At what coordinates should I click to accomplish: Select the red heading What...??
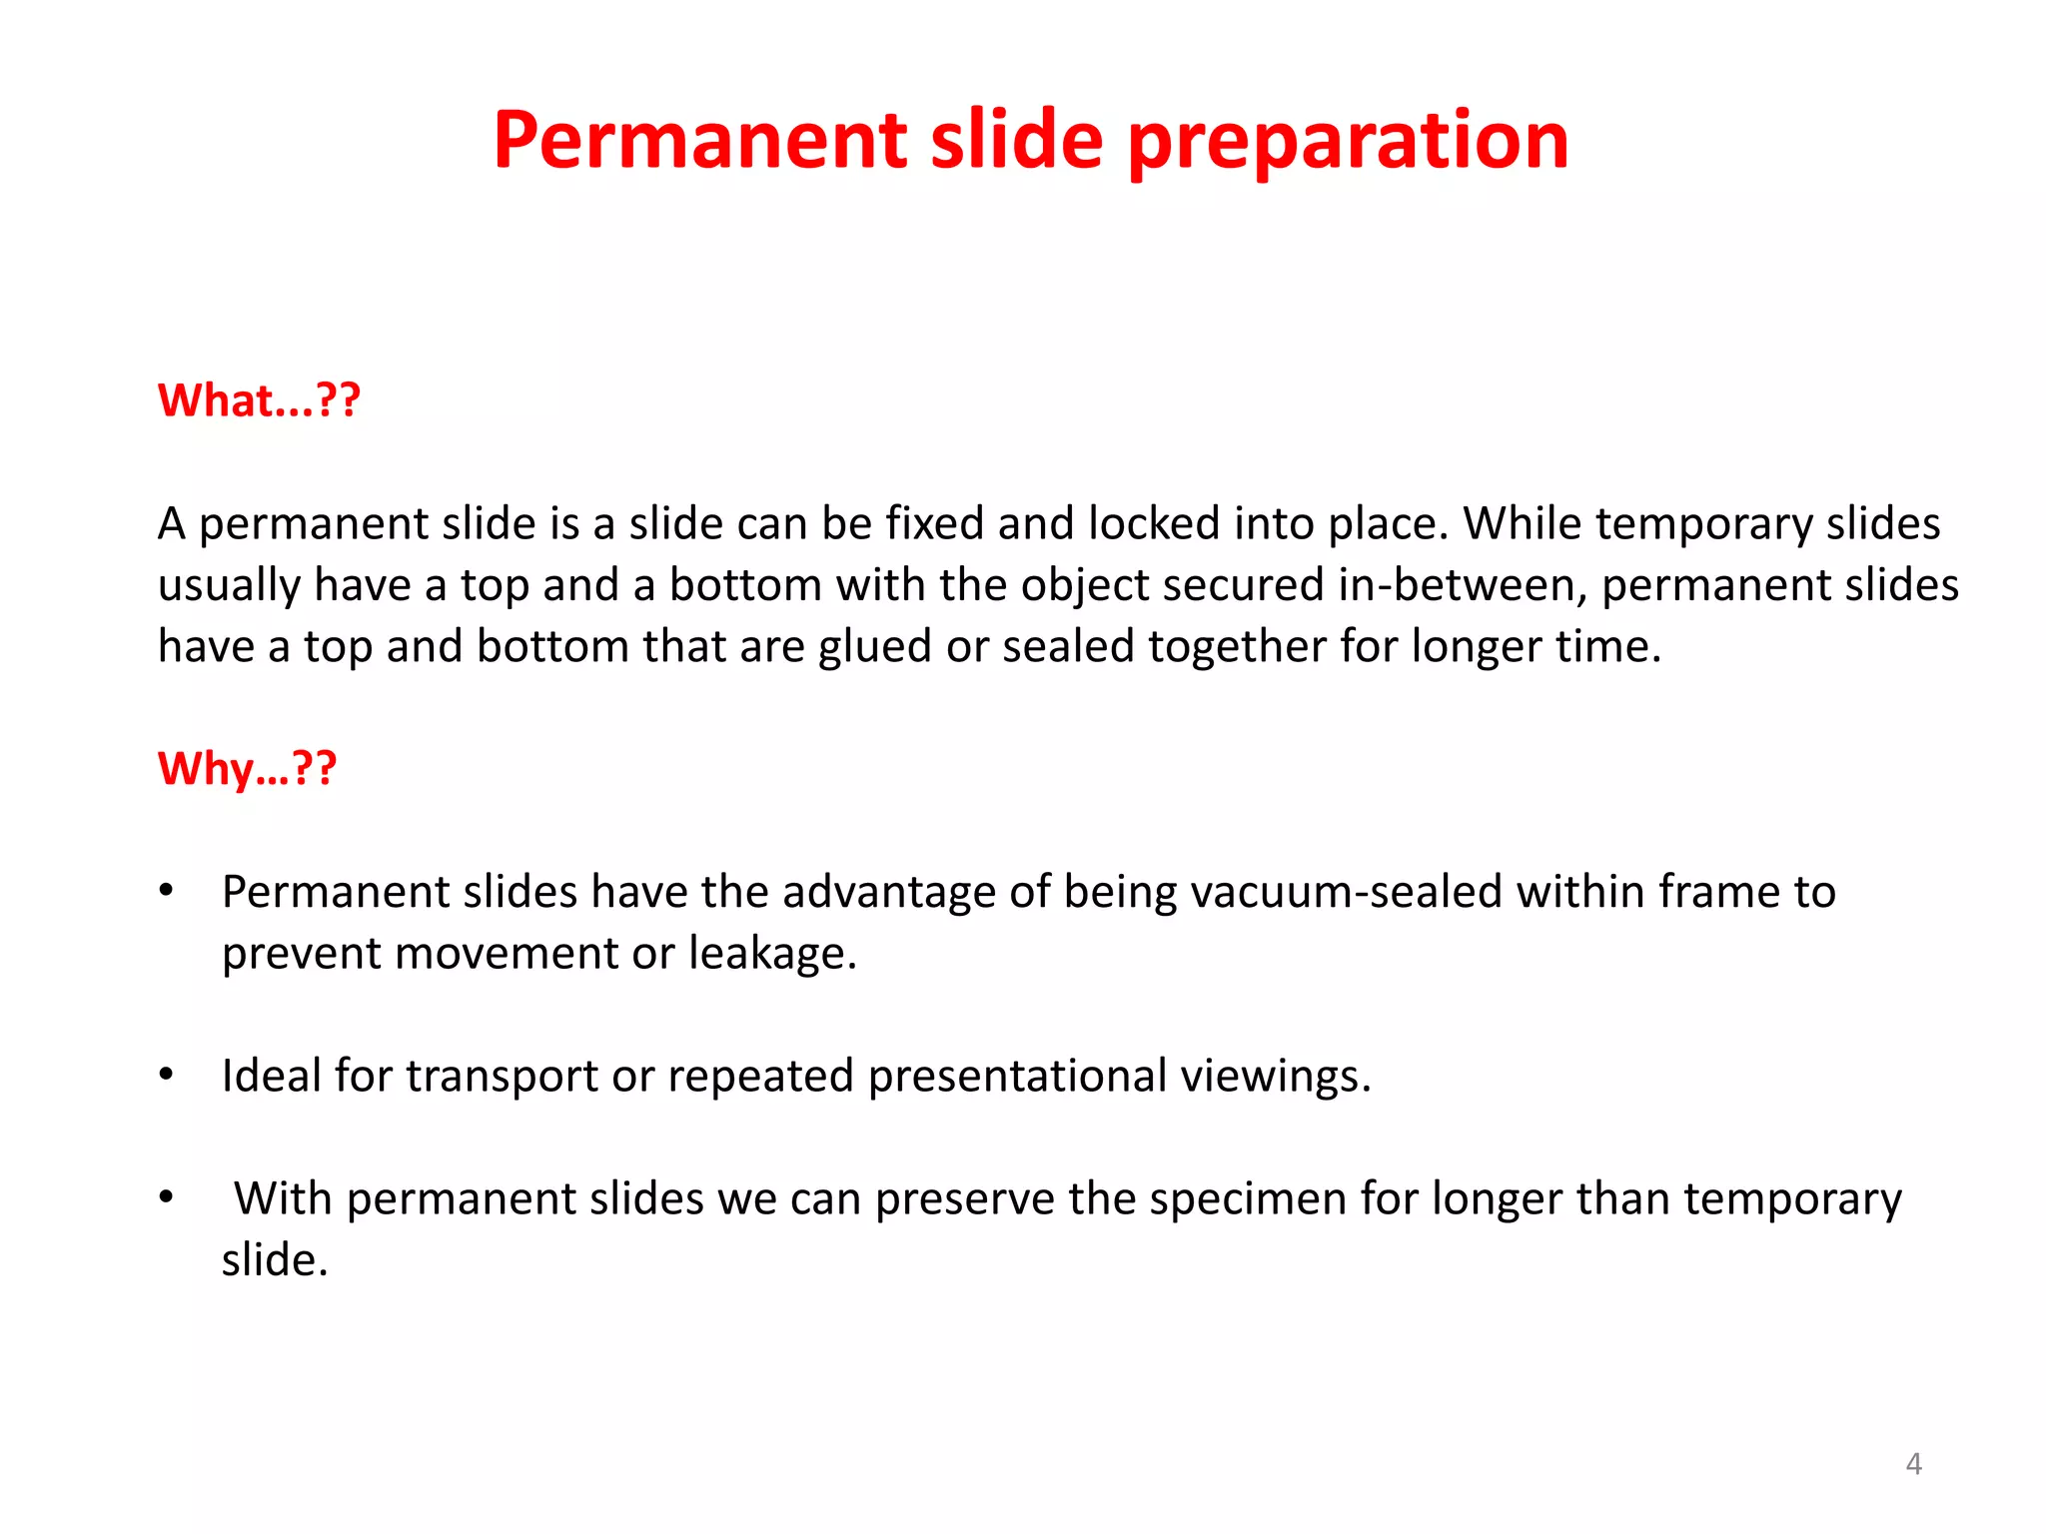(259, 400)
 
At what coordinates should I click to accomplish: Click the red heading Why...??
(247, 769)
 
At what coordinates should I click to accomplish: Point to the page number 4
(1913, 1464)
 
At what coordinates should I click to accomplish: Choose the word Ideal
(271, 1076)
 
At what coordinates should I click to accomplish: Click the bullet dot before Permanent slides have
(167, 890)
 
